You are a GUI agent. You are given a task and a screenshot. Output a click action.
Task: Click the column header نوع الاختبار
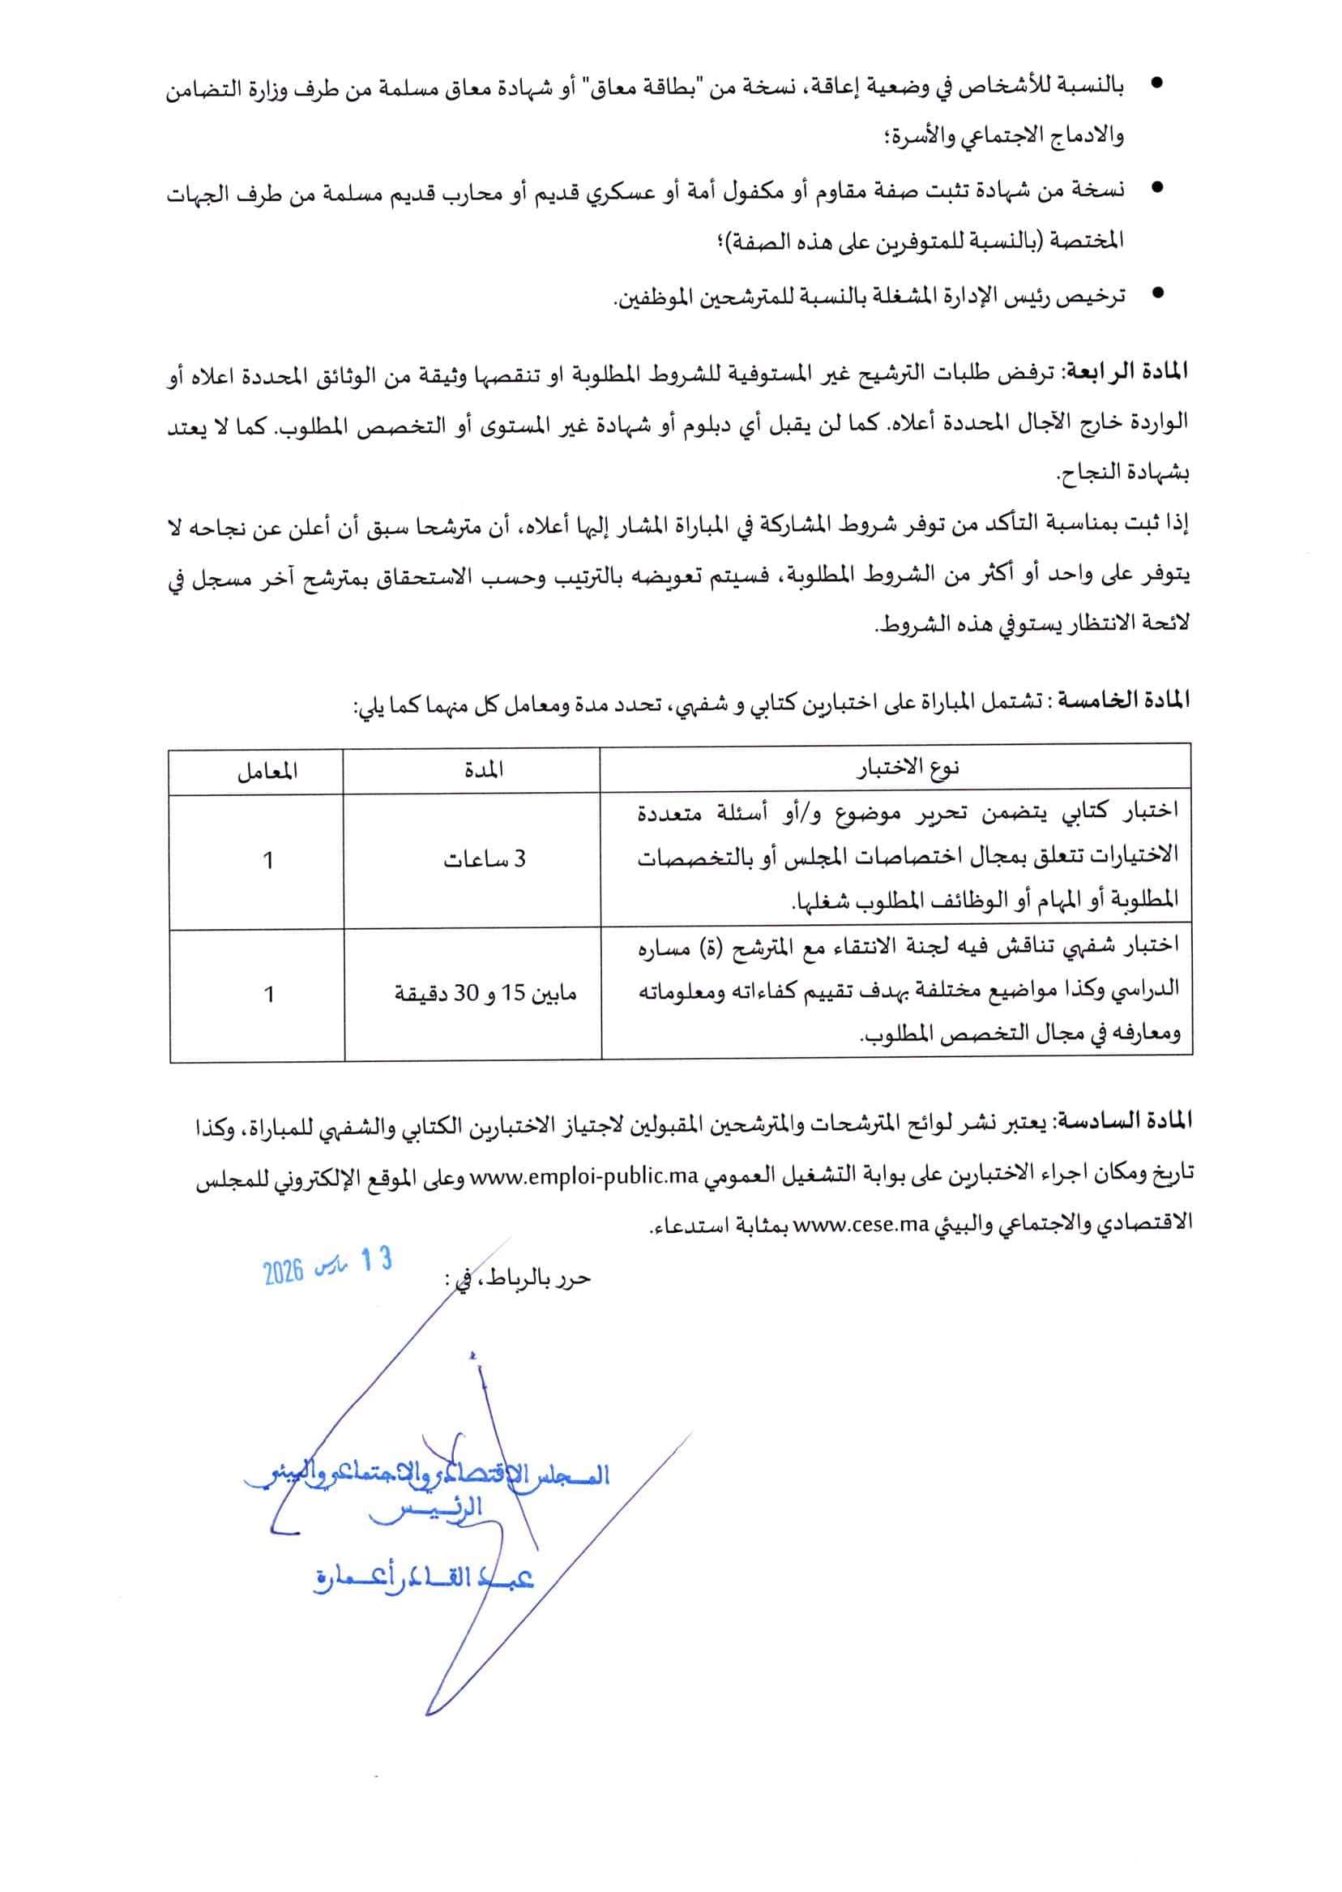[x=908, y=769]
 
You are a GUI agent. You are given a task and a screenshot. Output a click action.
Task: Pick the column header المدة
[x=485, y=769]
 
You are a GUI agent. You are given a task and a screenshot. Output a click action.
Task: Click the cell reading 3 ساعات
[x=485, y=860]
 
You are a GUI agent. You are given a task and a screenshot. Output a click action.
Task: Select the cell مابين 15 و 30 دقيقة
[x=485, y=995]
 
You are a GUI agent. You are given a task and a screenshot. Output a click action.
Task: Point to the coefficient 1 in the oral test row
[x=267, y=995]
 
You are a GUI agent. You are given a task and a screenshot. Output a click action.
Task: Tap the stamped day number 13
[x=375, y=1261]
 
